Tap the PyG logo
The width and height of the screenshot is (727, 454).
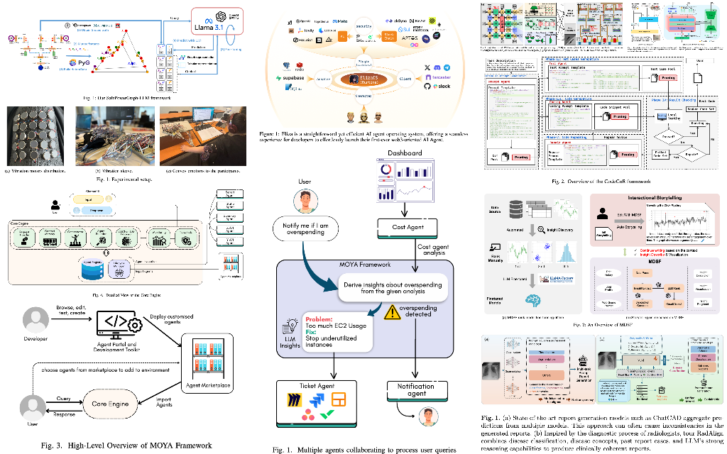pos(80,62)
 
